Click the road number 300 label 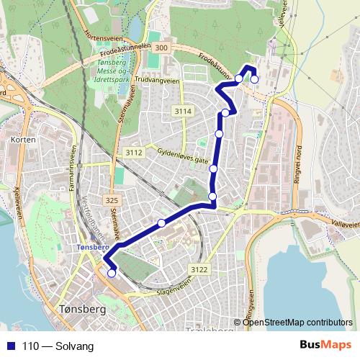[161, 48]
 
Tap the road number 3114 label [183, 111]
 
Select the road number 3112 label [133, 152]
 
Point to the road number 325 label [110, 199]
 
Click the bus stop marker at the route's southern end [112, 273]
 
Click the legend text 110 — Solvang [58, 346]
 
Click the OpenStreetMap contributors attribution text [297, 322]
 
